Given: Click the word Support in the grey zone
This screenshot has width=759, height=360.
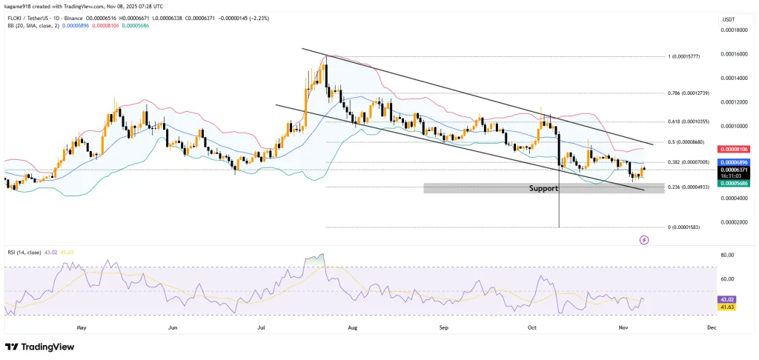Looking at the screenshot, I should point(543,189).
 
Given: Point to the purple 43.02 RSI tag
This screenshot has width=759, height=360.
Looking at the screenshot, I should point(726,299).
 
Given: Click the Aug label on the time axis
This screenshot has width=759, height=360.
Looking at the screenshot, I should point(353,326).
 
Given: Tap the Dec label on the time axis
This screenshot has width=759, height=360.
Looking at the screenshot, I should point(712,326).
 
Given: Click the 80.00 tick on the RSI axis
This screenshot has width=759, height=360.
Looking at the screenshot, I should point(727,255).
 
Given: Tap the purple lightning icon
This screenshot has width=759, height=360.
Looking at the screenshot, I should point(644,240).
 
